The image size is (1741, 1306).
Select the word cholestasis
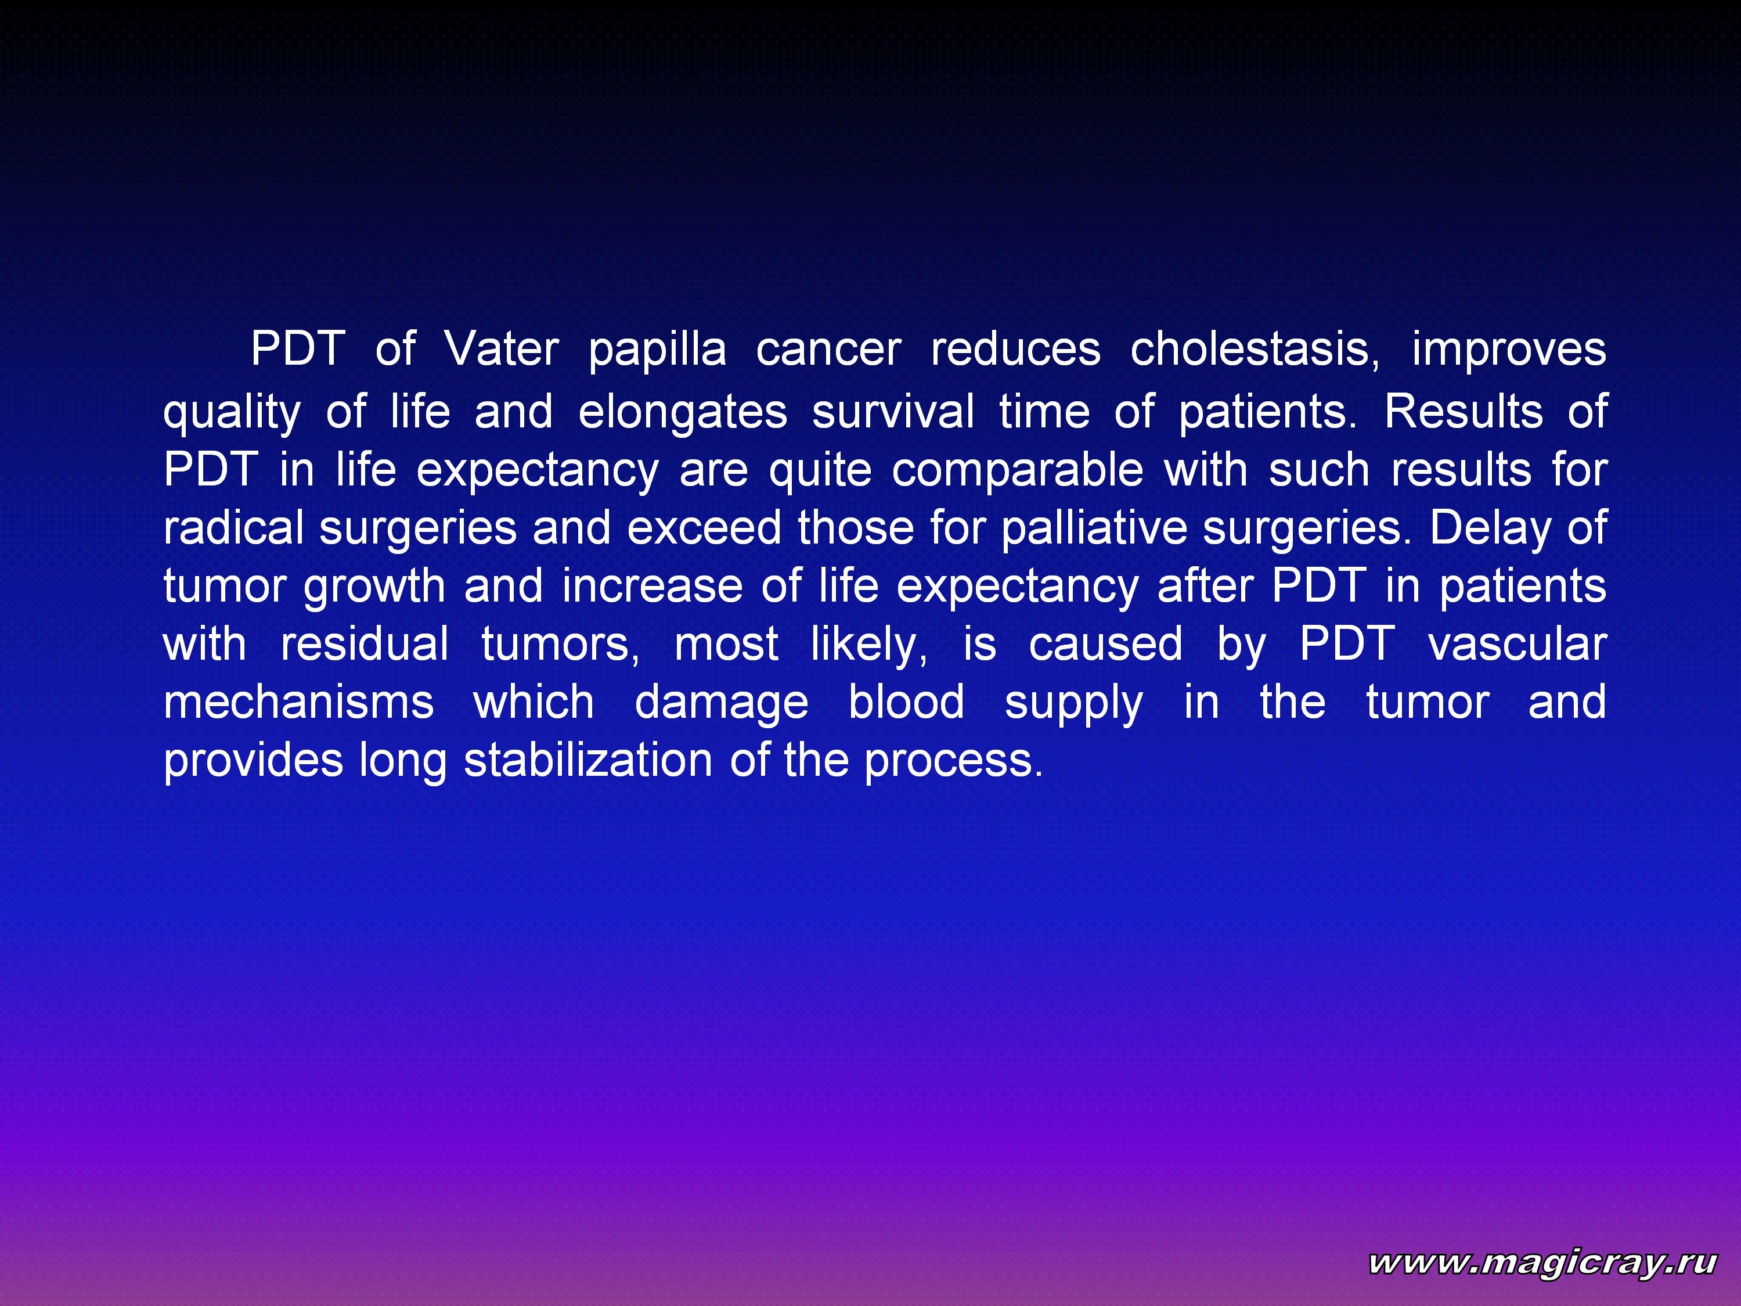coord(1255,349)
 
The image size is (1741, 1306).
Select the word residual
coord(365,643)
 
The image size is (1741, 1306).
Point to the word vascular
coord(1517,643)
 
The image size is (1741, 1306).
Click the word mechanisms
coord(298,701)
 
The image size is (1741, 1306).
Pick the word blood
coord(906,701)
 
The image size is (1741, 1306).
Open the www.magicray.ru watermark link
coord(1542,1262)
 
